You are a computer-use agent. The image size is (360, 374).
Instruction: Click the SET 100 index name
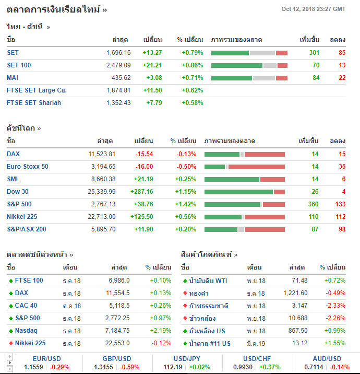point(19,65)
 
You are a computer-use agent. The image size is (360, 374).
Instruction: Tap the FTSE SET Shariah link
point(34,103)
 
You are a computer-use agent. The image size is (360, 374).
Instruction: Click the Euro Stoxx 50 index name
point(28,167)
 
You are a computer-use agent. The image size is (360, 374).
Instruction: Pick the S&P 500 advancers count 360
point(313,204)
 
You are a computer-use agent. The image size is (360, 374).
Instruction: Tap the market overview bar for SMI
point(245,179)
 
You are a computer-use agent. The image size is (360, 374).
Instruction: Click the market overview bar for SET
point(249,53)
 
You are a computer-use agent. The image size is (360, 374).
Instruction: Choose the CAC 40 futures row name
point(26,306)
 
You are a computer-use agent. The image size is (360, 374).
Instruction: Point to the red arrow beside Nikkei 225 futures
point(10,343)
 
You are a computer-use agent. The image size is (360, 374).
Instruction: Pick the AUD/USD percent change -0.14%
point(339,367)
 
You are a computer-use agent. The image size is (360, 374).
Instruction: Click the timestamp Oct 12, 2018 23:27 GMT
point(313,9)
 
